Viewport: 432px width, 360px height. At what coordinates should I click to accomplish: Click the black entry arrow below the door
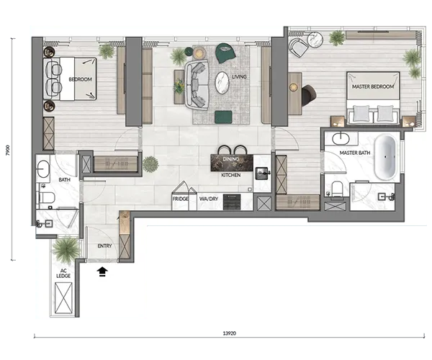coord(102,271)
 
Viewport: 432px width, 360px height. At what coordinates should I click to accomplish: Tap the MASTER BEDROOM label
coord(373,86)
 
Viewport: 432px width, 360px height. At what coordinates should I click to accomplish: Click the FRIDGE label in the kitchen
coord(181,199)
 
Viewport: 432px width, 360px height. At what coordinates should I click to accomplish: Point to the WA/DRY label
coord(209,199)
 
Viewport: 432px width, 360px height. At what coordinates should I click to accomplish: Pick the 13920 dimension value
coord(230,333)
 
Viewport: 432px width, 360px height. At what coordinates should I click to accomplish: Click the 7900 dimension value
coord(8,150)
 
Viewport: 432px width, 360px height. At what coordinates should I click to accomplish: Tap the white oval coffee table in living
coord(222,83)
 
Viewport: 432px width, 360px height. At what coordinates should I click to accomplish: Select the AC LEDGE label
coord(63,274)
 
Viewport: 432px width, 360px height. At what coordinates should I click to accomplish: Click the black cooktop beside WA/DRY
coord(232,202)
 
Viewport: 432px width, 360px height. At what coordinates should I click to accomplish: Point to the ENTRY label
coord(104,246)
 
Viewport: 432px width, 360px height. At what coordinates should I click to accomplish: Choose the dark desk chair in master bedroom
coord(308,96)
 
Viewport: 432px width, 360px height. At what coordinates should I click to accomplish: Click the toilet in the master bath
coord(337,189)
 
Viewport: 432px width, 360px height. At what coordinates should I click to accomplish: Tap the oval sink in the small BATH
coord(43,169)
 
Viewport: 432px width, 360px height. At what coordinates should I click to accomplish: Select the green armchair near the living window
coord(225,53)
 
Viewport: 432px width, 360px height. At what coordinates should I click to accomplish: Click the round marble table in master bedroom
coord(316,40)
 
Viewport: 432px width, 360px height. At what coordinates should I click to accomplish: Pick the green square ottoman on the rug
coord(223,117)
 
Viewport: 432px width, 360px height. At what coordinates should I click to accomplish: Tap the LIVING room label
coord(239,77)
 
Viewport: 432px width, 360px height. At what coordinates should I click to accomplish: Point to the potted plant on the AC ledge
coord(66,251)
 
